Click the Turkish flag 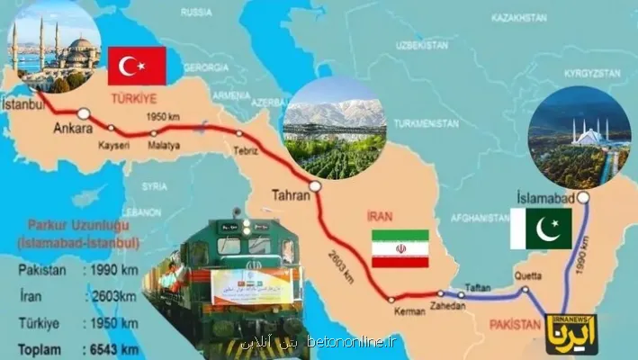pyautogui.click(x=137, y=65)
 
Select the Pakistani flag pyautogui.click(x=540, y=228)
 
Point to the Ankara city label pyautogui.click(x=73, y=129)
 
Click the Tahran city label pyautogui.click(x=288, y=194)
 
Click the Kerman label pyautogui.click(x=407, y=311)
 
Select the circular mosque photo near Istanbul pyautogui.click(x=52, y=50)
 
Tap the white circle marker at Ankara pyautogui.click(x=83, y=113)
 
